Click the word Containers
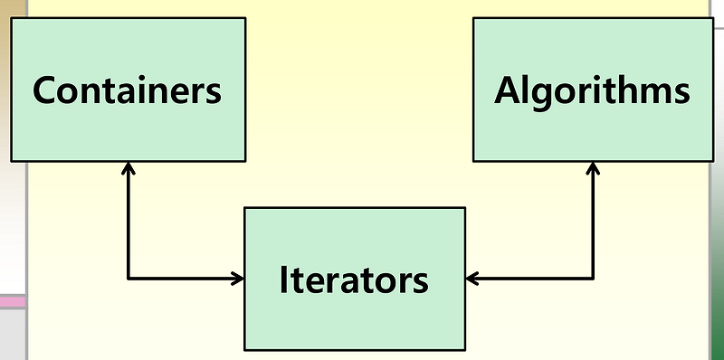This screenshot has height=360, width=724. (128, 91)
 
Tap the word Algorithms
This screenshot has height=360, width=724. (592, 91)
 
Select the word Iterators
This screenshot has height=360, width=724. (354, 279)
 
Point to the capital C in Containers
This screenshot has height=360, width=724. (46, 91)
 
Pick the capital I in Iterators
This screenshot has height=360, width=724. (283, 279)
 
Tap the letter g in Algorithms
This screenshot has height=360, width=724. (540, 95)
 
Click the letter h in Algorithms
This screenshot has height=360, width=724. (626, 90)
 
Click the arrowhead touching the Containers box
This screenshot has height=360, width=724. (128, 167)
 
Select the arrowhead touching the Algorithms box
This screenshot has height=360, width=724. (593, 167)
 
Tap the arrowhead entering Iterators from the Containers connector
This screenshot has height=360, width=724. (239, 279)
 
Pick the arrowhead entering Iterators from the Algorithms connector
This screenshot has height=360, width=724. (472, 279)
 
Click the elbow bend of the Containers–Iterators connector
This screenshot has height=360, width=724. (128, 279)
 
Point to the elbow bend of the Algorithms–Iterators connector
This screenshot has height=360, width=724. (593, 279)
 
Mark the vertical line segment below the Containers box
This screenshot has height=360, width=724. (128, 222)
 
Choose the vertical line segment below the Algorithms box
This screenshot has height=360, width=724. (593, 222)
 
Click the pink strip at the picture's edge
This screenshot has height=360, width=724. (12, 301)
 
